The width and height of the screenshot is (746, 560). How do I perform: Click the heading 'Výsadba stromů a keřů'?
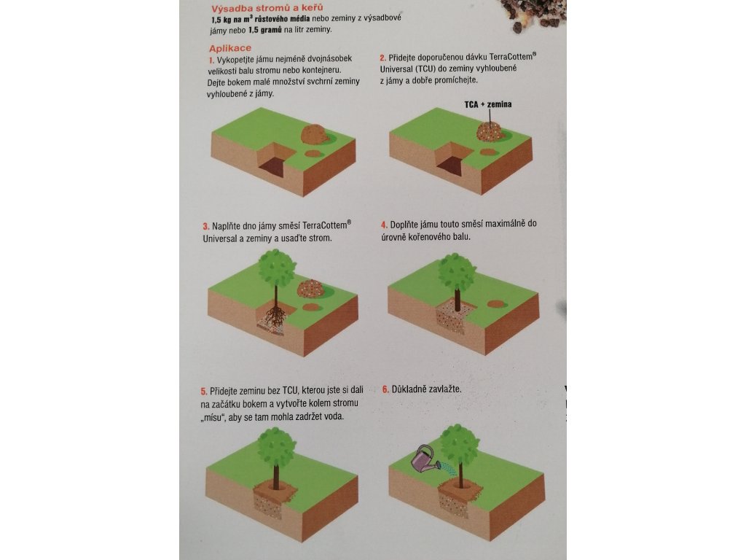click(x=267, y=8)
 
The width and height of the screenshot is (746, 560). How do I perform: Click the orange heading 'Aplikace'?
click(x=229, y=48)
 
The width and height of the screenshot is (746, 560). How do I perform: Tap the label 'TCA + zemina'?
click(x=488, y=104)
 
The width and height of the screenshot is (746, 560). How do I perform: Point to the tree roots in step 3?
click(x=275, y=317)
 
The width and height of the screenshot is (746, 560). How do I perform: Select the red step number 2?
click(x=382, y=58)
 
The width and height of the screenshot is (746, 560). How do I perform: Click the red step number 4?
click(x=384, y=225)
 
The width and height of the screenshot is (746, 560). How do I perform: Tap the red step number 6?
click(x=385, y=389)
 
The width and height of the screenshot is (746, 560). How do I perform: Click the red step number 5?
click(x=204, y=392)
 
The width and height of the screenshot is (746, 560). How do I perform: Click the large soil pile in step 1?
click(x=314, y=134)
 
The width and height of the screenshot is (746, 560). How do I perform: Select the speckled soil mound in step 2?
click(x=490, y=131)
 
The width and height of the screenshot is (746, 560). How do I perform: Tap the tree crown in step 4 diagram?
click(x=457, y=272)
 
